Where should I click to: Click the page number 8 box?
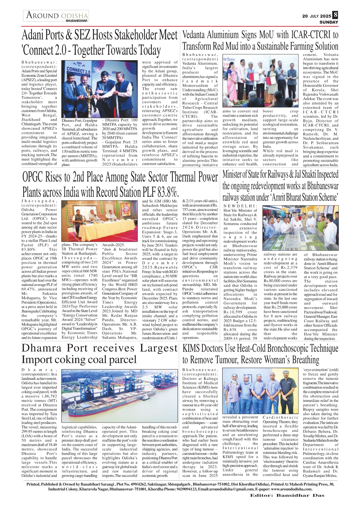pyautogui.click(x=335, y=15)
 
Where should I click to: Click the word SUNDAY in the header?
pyautogui.click(x=329, y=22)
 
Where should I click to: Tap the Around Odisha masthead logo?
pyautogui.click(x=57, y=15)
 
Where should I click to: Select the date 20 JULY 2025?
pyautogui.click(x=316, y=16)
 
